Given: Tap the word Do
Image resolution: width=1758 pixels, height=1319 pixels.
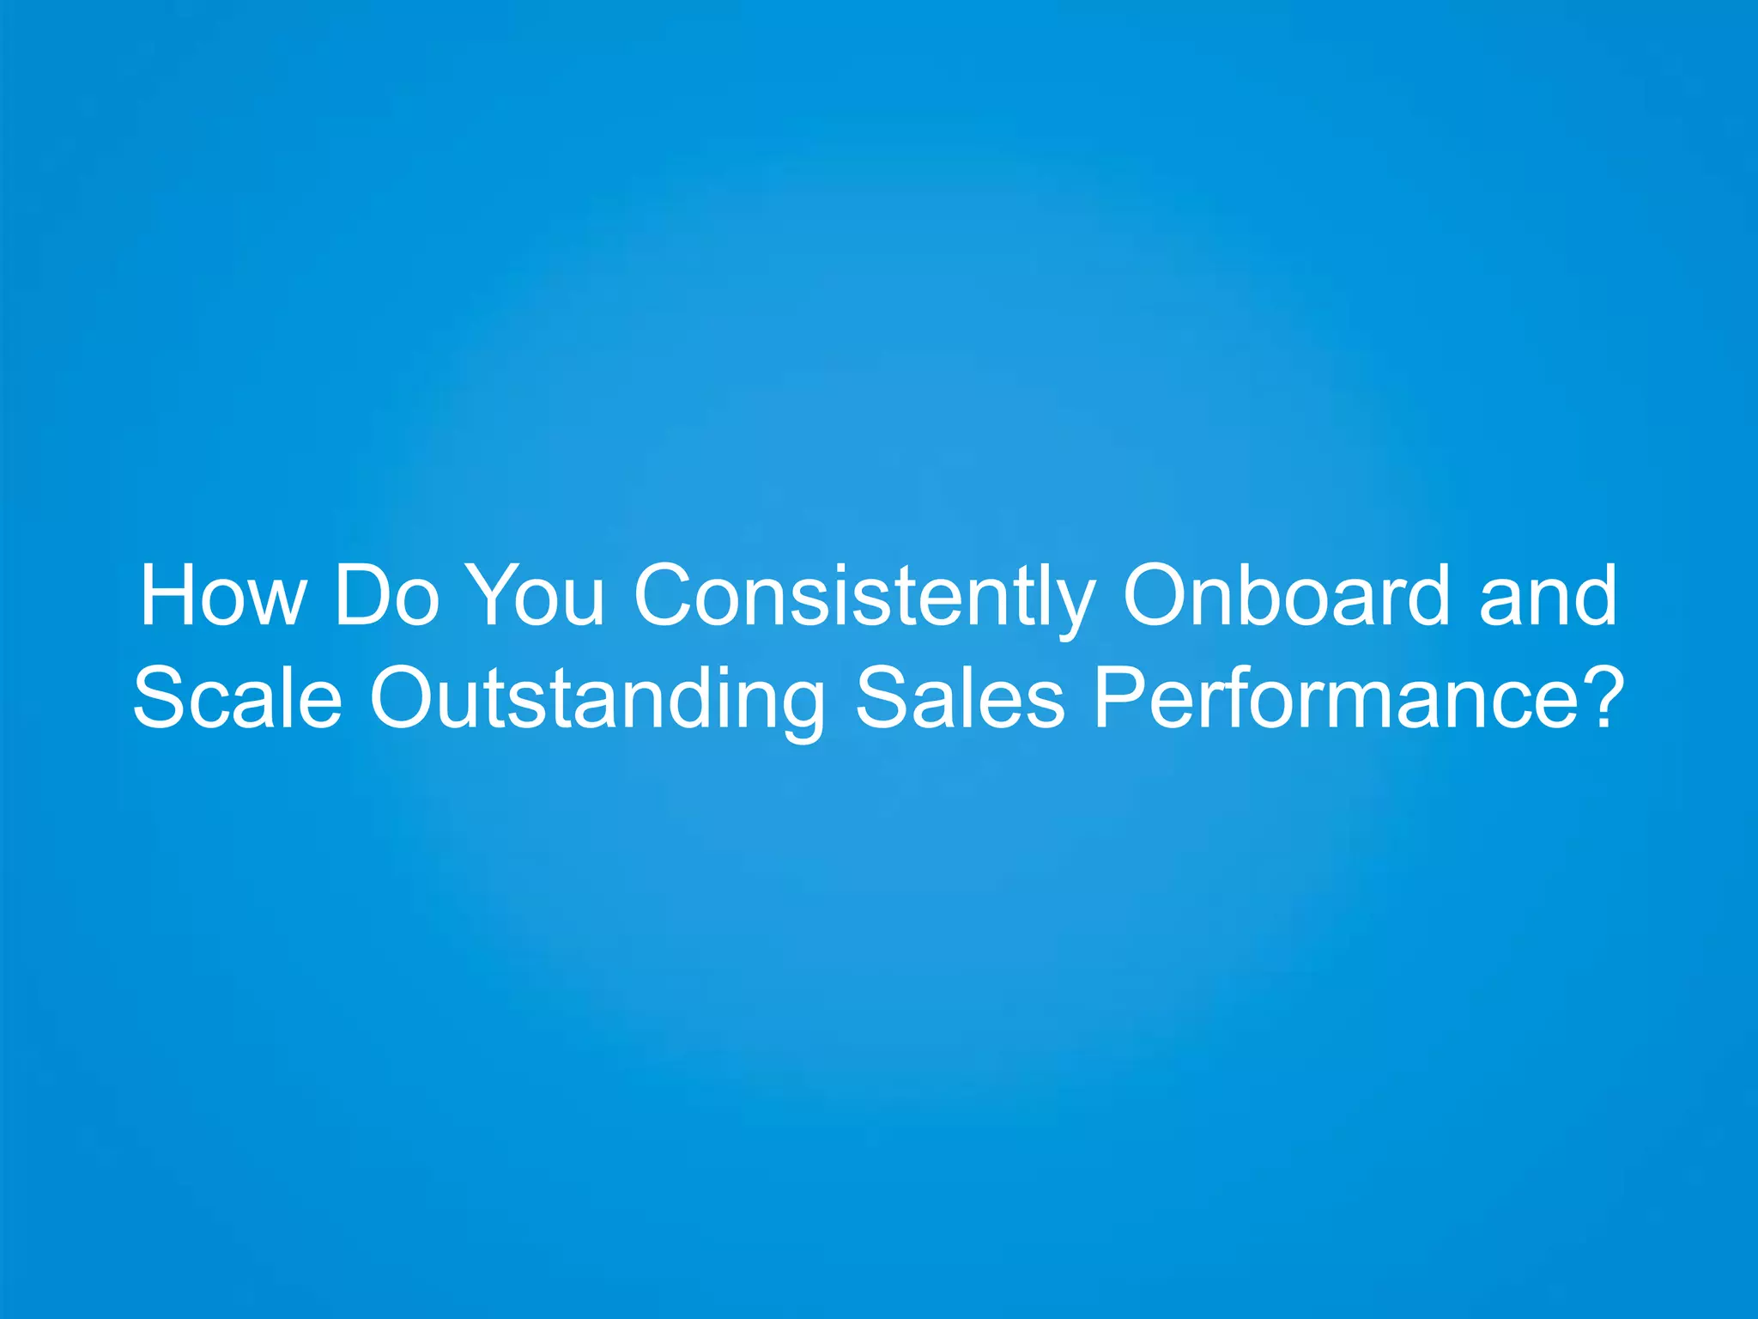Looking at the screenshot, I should [386, 595].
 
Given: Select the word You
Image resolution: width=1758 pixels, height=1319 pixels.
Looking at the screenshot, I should [539, 595].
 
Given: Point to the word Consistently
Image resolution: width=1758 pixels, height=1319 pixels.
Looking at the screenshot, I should [864, 597].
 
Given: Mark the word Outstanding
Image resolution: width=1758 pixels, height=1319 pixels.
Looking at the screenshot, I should [597, 699].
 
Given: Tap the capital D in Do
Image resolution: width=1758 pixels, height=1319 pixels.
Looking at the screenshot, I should [361, 595].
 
